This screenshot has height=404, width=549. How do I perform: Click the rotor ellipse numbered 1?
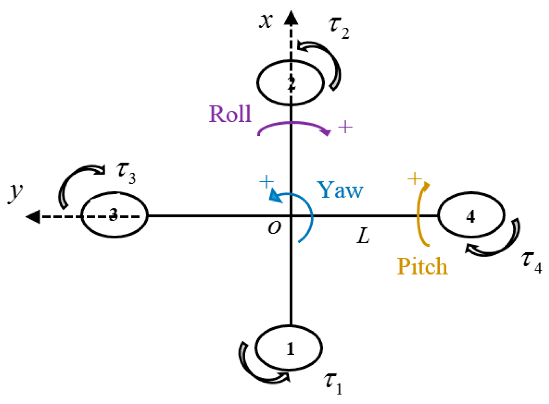289,348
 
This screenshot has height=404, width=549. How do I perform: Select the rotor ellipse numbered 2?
290,82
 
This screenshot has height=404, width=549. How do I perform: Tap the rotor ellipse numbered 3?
114,215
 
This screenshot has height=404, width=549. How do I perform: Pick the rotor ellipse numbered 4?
471,215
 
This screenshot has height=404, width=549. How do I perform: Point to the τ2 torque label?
339,27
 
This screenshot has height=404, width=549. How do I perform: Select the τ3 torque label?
126,172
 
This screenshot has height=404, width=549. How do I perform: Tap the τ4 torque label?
532,262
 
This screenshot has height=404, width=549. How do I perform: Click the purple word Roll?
230,114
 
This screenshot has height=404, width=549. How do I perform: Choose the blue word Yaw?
340,190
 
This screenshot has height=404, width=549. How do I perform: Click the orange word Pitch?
422,267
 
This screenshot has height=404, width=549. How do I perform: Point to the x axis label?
266,20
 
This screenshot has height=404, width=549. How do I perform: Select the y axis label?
15,192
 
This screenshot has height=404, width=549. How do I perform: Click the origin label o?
274,227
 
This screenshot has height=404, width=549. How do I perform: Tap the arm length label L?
363,236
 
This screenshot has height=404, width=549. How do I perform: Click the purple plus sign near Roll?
345,127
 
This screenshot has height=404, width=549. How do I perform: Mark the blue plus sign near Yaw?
267,182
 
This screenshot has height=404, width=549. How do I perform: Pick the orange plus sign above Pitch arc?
414,179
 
